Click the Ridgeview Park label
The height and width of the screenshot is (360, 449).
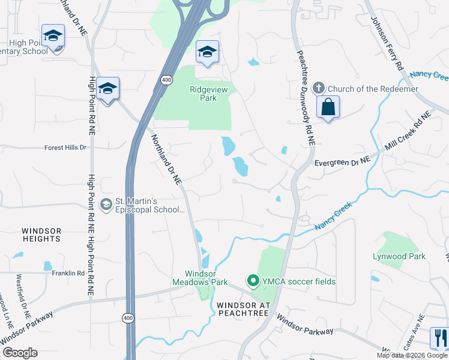pyautogui.click(x=203, y=94)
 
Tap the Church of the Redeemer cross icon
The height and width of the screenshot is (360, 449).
pyautogui.click(x=319, y=88)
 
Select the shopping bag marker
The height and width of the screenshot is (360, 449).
pyautogui.click(x=328, y=107)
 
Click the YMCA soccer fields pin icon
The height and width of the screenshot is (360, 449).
pyautogui.click(x=253, y=281)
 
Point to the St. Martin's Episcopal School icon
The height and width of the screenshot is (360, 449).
pyautogui.click(x=107, y=205)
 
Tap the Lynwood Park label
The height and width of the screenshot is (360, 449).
pyautogui.click(x=408, y=256)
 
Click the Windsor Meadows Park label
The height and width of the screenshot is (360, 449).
pyautogui.click(x=198, y=277)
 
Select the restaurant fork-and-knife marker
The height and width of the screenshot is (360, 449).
pyautogui.click(x=439, y=337)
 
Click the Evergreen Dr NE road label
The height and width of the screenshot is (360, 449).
pyautogui.click(x=341, y=162)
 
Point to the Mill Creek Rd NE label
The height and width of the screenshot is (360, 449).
pyautogui.click(x=409, y=133)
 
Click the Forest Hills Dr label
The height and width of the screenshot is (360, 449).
pyautogui.click(x=66, y=147)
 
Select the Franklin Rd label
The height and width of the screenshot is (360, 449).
pyautogui.click(x=68, y=273)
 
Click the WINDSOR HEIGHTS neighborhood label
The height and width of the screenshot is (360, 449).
pyautogui.click(x=41, y=235)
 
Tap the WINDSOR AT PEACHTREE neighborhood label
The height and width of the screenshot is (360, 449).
pyautogui.click(x=244, y=309)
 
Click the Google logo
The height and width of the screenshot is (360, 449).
pyautogui.click(x=20, y=353)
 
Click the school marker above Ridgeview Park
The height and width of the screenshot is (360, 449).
pyautogui.click(x=206, y=52)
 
